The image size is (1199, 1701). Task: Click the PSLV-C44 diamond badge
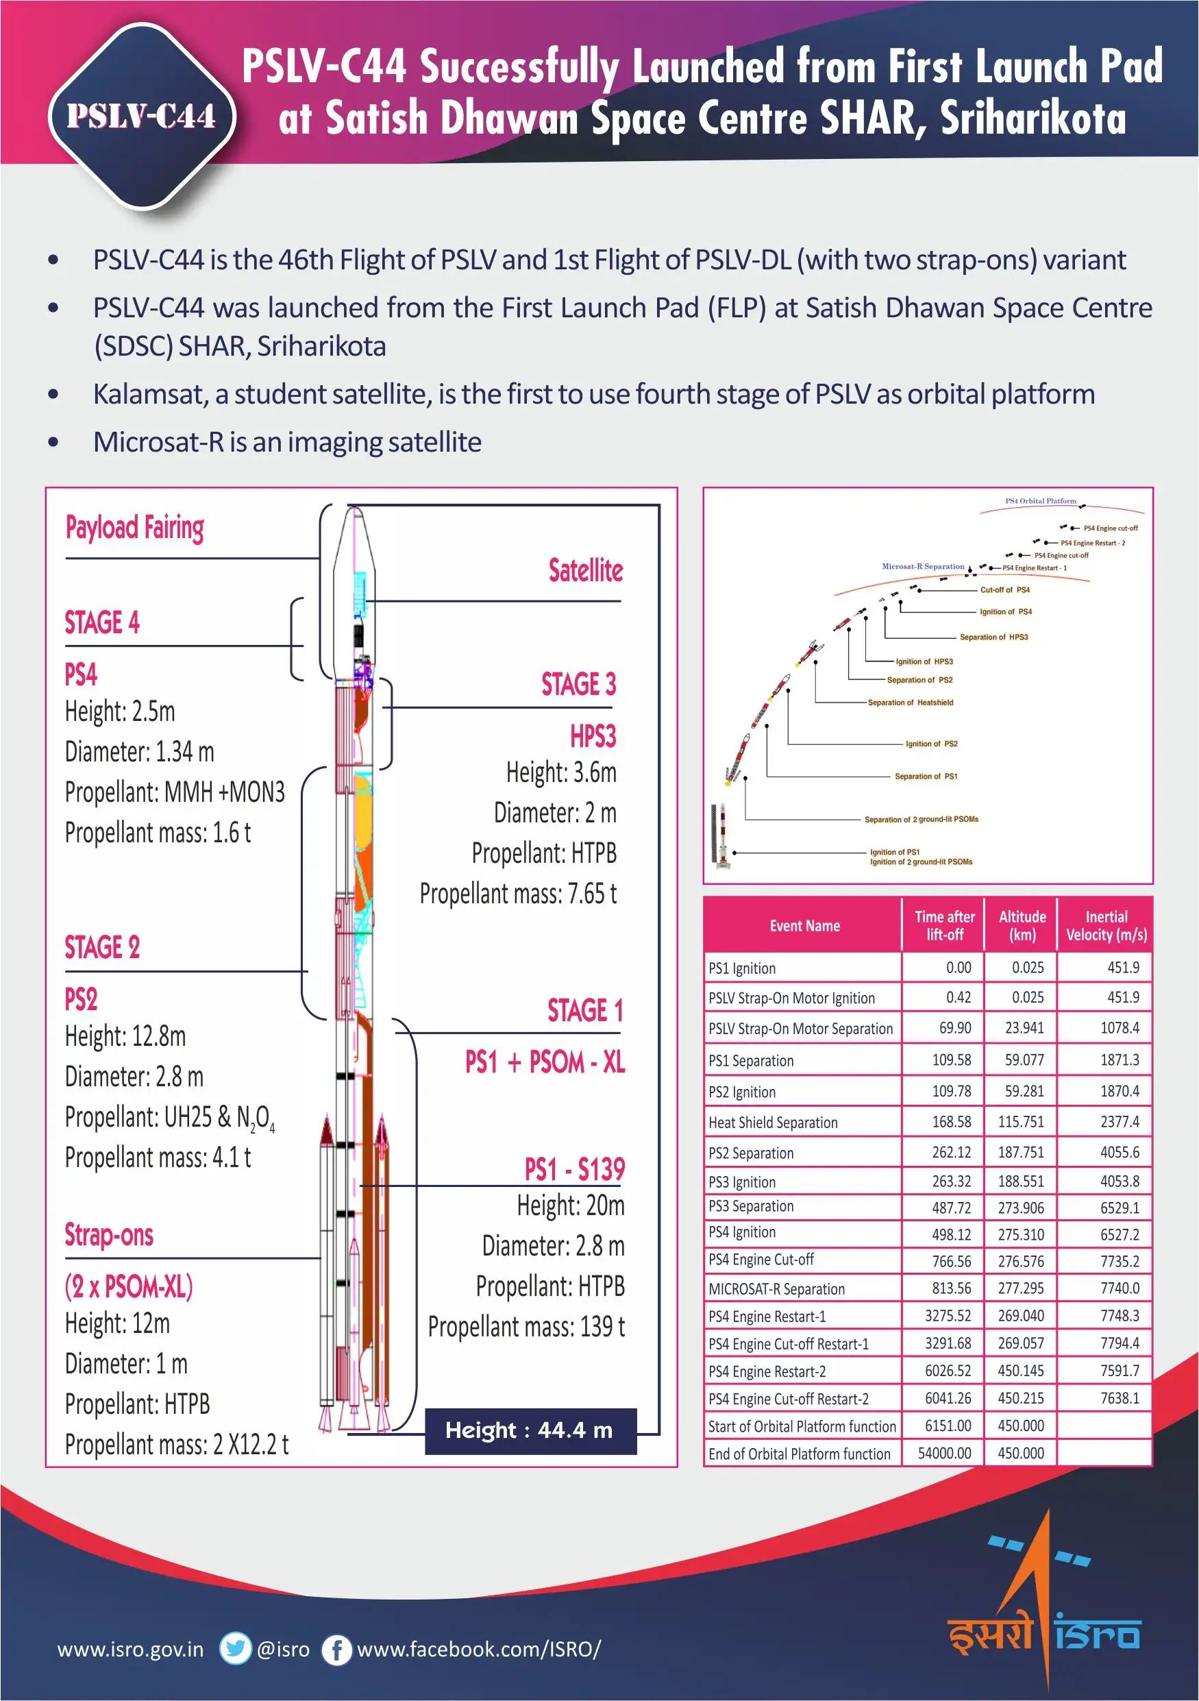[x=141, y=116]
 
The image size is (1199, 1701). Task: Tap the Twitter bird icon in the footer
[x=236, y=1648]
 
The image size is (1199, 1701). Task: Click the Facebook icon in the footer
[x=336, y=1649]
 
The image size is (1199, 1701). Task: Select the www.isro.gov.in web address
[x=130, y=1649]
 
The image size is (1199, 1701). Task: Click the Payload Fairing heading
[x=135, y=528]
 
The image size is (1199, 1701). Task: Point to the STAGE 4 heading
[x=102, y=623]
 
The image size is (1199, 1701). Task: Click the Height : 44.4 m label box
[x=530, y=1430]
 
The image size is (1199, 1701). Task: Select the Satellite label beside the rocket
[x=585, y=570]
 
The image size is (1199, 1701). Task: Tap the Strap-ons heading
[x=109, y=1235]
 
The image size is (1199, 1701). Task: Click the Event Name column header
[x=804, y=925]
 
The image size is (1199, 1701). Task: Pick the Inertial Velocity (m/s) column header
[x=1106, y=925]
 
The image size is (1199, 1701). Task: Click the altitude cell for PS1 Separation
[x=1024, y=1060]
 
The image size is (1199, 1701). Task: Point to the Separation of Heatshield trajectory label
[x=910, y=702]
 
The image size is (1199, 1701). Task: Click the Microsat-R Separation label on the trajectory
[x=923, y=566]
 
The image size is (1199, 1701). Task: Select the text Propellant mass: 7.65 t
[x=518, y=894]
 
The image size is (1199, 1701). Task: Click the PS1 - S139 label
[x=574, y=1170]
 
